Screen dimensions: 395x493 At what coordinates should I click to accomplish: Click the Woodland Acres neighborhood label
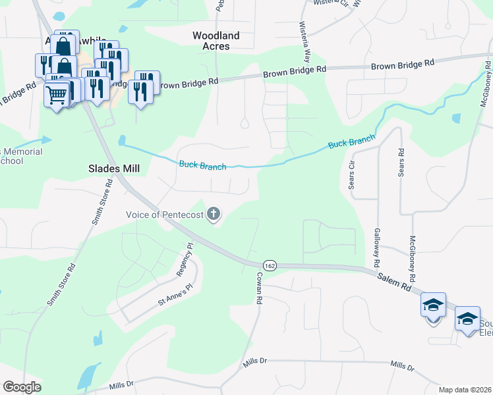216,41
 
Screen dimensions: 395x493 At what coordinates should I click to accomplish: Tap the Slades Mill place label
114,169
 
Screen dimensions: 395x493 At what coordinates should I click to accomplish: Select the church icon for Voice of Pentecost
213,214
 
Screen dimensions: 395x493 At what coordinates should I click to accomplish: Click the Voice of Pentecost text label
165,215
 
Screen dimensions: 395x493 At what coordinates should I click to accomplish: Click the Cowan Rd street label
260,288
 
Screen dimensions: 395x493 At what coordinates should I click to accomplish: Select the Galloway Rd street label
377,248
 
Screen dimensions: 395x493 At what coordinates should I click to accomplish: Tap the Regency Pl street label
185,259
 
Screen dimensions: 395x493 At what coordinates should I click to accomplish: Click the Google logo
22,387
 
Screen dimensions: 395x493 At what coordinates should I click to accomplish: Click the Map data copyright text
465,390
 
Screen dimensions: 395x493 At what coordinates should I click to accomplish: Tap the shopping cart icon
56,95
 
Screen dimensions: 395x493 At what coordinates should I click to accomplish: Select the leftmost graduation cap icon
433,305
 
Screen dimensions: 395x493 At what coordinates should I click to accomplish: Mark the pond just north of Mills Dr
86,376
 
